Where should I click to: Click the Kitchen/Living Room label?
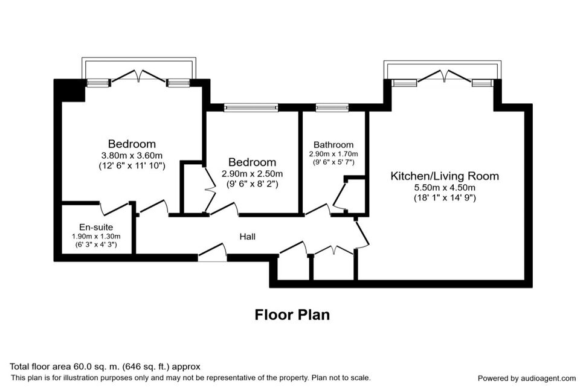point(445,176)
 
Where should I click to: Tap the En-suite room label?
point(96,227)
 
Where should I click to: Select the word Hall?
point(248,237)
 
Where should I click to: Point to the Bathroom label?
point(333,144)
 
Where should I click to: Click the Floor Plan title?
point(292,315)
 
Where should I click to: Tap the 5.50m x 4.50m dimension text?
point(445,188)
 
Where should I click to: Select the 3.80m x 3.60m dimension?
point(132,155)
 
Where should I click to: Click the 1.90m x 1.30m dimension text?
point(96,237)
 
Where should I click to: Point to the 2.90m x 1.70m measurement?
point(333,154)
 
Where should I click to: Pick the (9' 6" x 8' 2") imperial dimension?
point(253,184)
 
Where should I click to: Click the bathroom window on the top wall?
point(332,107)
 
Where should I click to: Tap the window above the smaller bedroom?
point(251,107)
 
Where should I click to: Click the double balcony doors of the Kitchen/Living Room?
point(445,75)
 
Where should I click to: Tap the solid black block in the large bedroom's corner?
point(70,91)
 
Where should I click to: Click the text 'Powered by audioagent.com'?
point(527,379)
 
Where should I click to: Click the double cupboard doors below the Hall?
point(333,251)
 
